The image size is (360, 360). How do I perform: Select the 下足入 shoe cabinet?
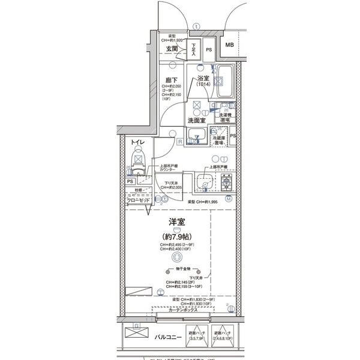point(194,49)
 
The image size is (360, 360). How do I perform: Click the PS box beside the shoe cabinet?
point(209,49)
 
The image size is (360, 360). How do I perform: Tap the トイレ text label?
point(137,142)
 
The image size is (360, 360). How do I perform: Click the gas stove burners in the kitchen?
point(227,181)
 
